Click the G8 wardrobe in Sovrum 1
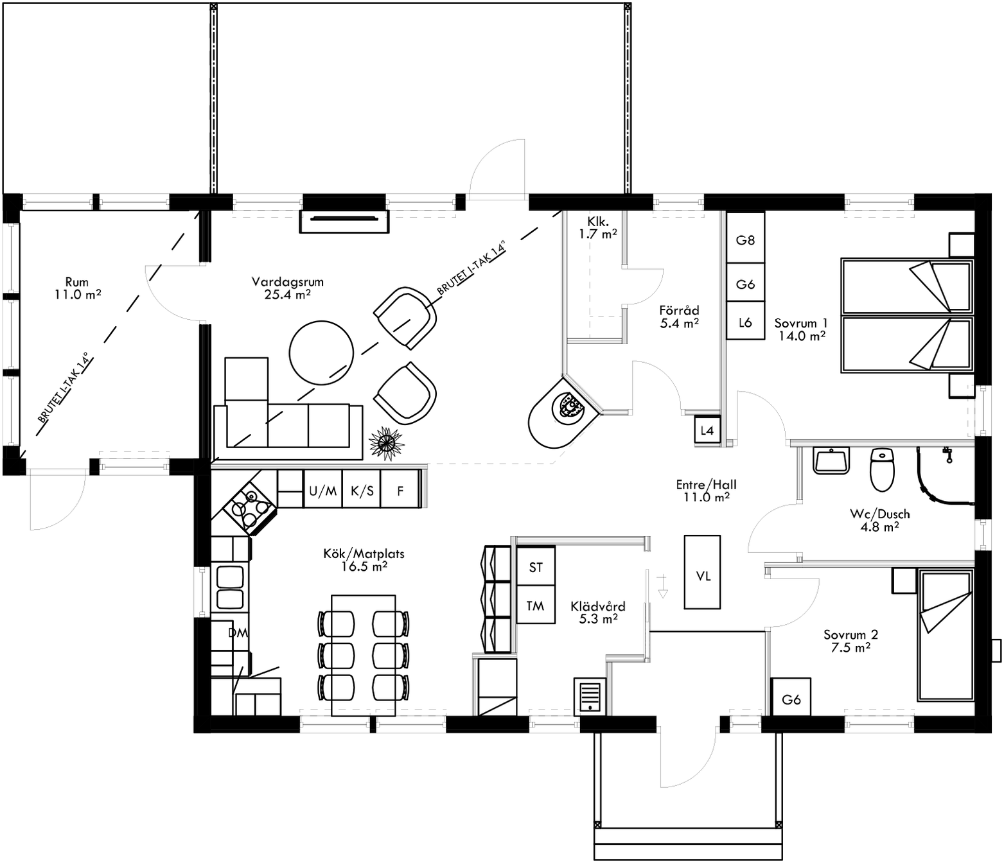745,240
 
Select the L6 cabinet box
745,322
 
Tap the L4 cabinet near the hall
707,430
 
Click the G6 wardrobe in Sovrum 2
791,699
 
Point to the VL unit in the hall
703,575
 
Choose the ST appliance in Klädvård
536,566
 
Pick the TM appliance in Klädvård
536,605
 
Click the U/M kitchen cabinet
322,491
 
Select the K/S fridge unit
362,491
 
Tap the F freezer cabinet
400,491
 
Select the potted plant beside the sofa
386,443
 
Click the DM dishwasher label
238,632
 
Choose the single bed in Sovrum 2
944,636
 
